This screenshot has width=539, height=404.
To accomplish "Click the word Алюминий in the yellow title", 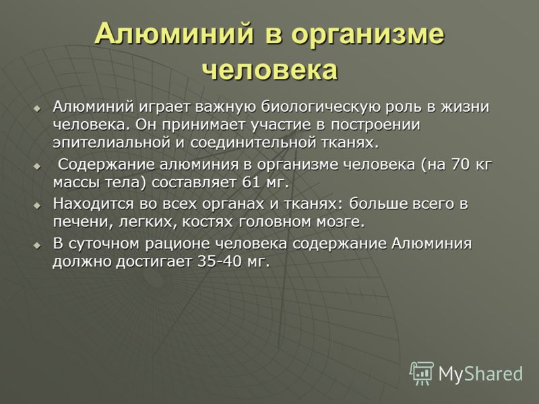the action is click(175, 33).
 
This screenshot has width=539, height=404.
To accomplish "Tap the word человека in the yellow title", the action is click(270, 71).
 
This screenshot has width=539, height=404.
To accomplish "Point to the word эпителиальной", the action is click(112, 143).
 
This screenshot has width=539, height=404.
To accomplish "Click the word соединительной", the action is click(253, 143).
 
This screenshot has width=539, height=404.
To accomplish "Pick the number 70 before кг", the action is click(460, 164).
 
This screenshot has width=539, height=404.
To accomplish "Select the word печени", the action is click(83, 222).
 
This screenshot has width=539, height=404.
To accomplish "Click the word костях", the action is click(208, 222).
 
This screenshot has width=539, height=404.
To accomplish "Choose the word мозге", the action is click(340, 223).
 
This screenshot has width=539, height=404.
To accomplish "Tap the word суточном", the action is click(105, 244).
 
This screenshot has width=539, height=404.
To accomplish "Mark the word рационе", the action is click(178, 244).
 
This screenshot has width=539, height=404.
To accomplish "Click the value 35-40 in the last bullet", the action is click(220, 262).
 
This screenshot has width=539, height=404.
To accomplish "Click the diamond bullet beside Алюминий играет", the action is click(37, 109).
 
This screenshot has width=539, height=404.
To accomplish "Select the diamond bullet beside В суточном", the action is click(37, 246).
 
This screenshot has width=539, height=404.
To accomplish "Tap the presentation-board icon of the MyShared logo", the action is click(422, 373).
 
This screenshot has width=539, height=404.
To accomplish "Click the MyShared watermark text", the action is click(480, 374).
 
